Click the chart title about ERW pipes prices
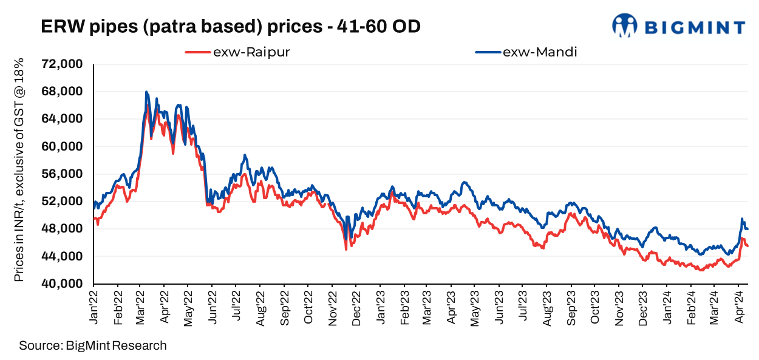(230, 27)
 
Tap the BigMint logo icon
(624, 25)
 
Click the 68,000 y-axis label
(63, 92)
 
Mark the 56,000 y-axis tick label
(63, 174)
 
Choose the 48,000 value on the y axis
(63, 229)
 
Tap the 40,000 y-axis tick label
(63, 284)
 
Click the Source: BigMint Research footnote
(92, 346)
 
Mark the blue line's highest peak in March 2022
(146, 92)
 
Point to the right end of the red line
(747, 246)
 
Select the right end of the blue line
(747, 229)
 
